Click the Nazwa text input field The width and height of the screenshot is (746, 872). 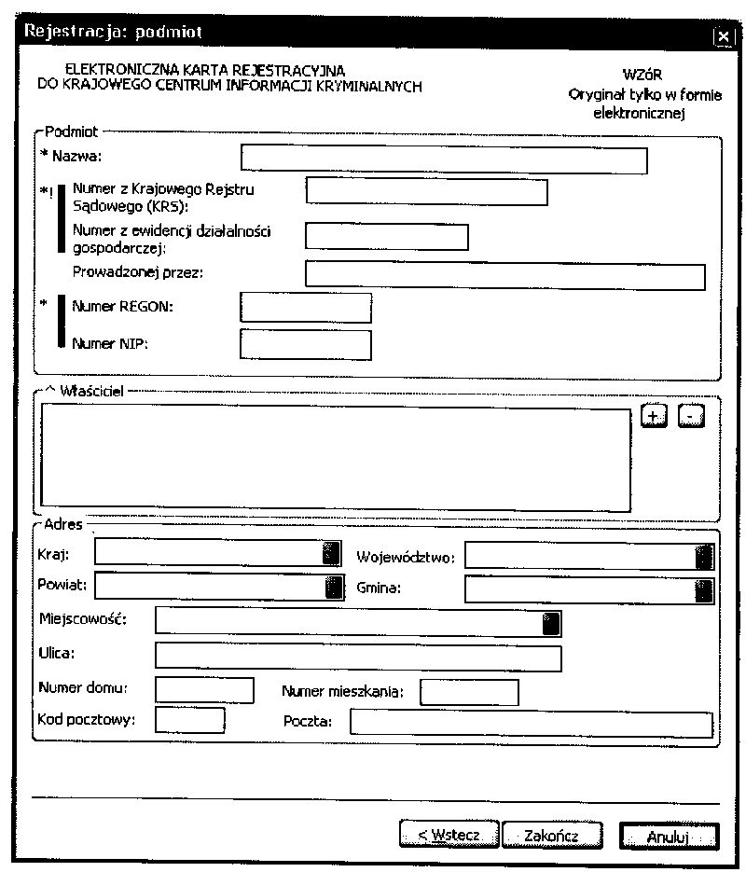tap(443, 159)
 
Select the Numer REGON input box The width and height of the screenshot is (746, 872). tap(305, 307)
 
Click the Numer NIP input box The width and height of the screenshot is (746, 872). tap(305, 344)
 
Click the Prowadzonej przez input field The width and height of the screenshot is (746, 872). tap(504, 277)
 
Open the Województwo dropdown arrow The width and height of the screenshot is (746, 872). tap(704, 557)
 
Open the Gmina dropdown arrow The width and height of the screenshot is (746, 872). tap(704, 589)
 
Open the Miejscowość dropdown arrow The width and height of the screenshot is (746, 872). tap(552, 622)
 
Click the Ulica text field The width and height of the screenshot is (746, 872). tap(358, 657)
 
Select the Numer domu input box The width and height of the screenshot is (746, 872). tap(204, 691)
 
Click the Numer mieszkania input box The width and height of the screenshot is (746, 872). tap(469, 693)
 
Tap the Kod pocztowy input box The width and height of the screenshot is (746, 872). tap(190, 721)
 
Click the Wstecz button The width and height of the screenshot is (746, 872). tap(449, 835)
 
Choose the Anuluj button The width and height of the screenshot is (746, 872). tap(669, 836)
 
